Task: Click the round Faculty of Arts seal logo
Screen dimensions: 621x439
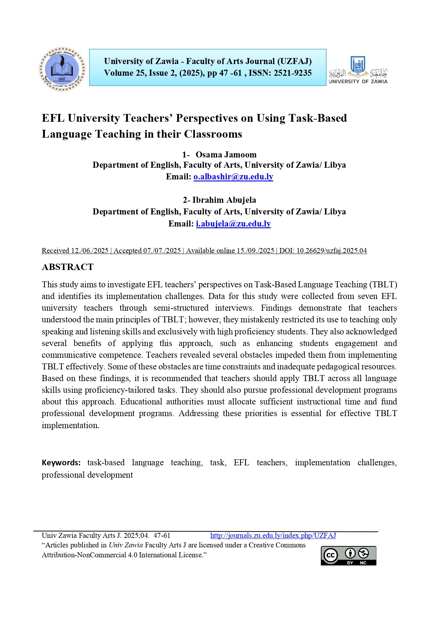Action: pyautogui.click(x=62, y=69)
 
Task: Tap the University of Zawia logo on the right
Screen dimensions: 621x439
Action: pyautogui.click(x=358, y=70)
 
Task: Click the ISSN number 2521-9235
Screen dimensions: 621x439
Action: pyautogui.click(x=293, y=73)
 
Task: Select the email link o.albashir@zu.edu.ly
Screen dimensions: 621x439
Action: pyautogui.click(x=233, y=177)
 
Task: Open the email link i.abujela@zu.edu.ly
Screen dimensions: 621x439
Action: pyautogui.click(x=233, y=224)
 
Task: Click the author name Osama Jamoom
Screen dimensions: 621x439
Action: pyautogui.click(x=226, y=155)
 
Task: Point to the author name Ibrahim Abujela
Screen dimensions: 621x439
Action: pyautogui.click(x=224, y=200)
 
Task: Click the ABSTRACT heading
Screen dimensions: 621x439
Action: pyautogui.click(x=68, y=267)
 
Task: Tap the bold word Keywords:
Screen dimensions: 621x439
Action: pyautogui.click(x=61, y=462)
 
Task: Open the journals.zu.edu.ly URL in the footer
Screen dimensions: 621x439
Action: pyautogui.click(x=273, y=535)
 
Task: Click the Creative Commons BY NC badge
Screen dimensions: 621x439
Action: pyautogui.click(x=348, y=556)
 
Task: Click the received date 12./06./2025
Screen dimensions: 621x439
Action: pyautogui.click(x=89, y=251)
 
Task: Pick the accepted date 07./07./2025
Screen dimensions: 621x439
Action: pyautogui.click(x=162, y=251)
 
